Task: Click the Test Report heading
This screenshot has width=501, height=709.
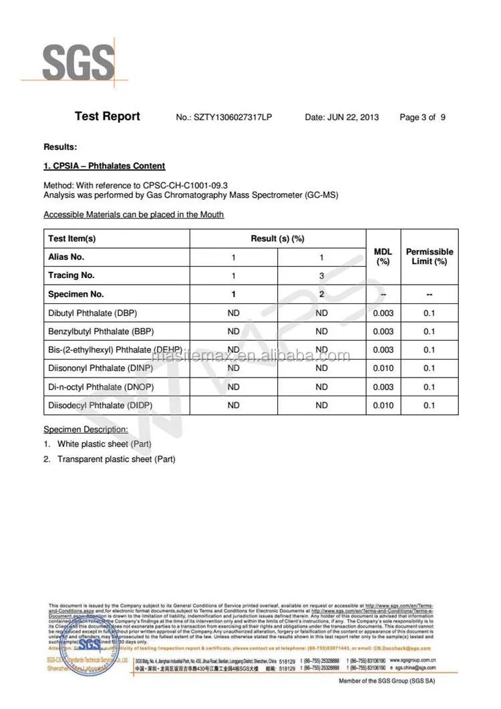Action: tap(108, 116)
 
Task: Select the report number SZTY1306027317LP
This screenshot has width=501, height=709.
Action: tap(223, 118)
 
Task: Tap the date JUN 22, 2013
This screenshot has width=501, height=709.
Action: tap(341, 118)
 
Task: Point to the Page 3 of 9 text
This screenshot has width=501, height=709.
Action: tap(422, 118)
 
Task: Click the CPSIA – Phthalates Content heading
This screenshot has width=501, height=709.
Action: tap(104, 166)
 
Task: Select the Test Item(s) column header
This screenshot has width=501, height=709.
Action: tap(72, 239)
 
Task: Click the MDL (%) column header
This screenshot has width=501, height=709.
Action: tap(383, 257)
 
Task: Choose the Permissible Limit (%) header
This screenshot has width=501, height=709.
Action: tap(430, 257)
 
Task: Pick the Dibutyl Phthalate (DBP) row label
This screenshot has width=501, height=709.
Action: tap(93, 313)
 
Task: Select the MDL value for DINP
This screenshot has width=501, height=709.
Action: tap(383, 368)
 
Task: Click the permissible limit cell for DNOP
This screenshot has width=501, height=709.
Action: tap(429, 387)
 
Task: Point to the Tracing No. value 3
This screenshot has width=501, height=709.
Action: tap(321, 275)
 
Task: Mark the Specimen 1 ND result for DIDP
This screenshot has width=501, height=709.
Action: tap(233, 405)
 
